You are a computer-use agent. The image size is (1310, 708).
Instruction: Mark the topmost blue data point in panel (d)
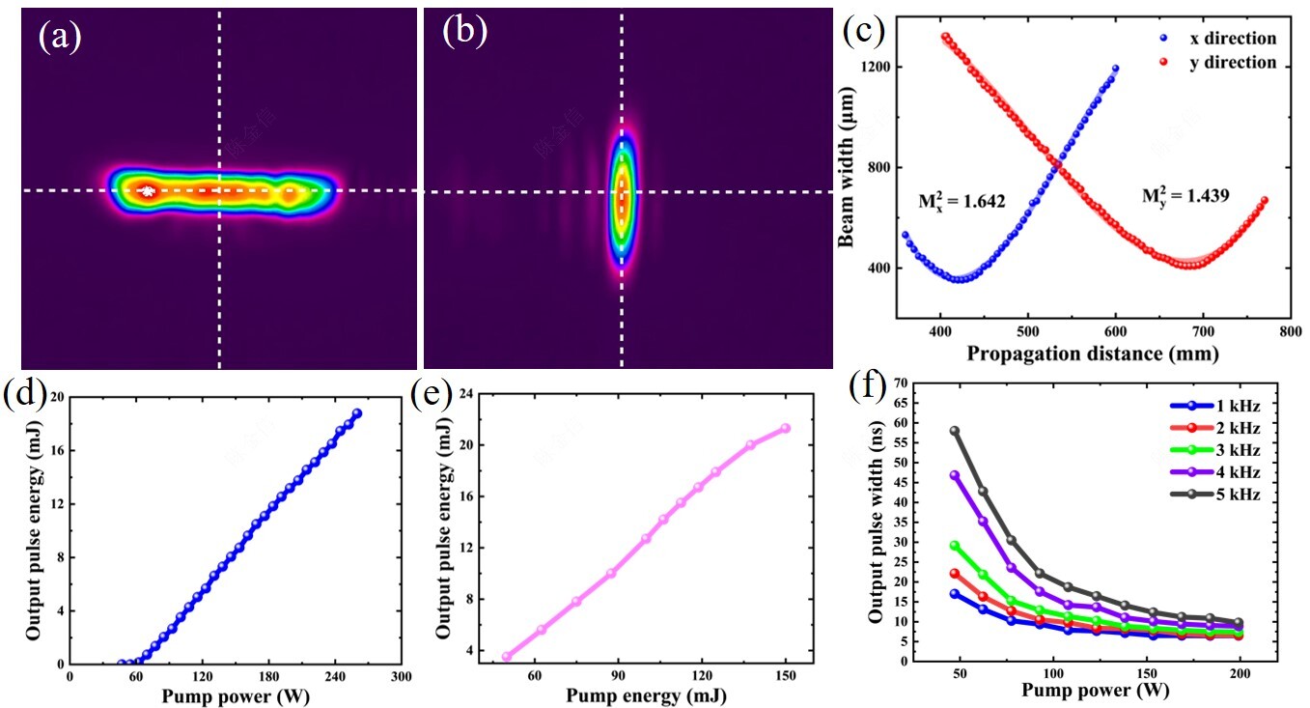coord(357,413)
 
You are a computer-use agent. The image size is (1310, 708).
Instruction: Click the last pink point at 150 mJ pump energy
coord(785,428)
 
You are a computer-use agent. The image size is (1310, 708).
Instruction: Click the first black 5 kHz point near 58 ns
coord(955,431)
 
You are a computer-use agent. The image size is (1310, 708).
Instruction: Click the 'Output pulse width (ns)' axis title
coord(874,522)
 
